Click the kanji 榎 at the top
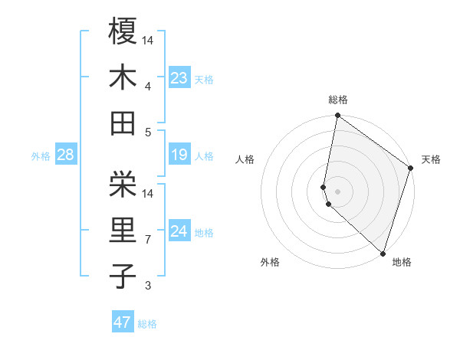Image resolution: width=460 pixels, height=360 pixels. pos(123,31)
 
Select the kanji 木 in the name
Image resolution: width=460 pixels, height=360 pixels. pos(123,78)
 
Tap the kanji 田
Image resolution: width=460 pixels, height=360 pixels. pos(123,124)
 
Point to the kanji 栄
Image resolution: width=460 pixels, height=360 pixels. pos(123,184)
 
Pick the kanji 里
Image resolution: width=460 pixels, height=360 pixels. pos(123,231)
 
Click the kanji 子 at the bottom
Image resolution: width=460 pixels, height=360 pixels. pos(123,277)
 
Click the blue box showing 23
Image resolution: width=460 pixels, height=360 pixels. pos(179,78)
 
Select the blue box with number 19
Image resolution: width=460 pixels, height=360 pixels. pos(179,155)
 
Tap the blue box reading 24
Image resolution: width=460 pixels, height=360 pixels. pos(179,231)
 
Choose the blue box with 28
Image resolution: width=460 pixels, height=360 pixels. pos(65,155)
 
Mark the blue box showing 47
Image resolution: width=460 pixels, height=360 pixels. pos(123,322)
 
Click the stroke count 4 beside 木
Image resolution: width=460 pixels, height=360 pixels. pos(148,86)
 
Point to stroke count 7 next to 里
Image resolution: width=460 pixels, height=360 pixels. pos(148,240)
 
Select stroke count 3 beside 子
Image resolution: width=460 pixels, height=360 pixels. pos(148,286)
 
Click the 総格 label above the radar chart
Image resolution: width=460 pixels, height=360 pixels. pos(338,100)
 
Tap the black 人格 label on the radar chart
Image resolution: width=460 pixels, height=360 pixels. pos(245,159)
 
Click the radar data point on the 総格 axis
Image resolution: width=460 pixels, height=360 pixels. pos(337,116)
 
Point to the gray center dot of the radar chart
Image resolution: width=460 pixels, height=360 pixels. pos(337,191)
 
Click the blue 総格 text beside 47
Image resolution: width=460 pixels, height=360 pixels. pos(147,324)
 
